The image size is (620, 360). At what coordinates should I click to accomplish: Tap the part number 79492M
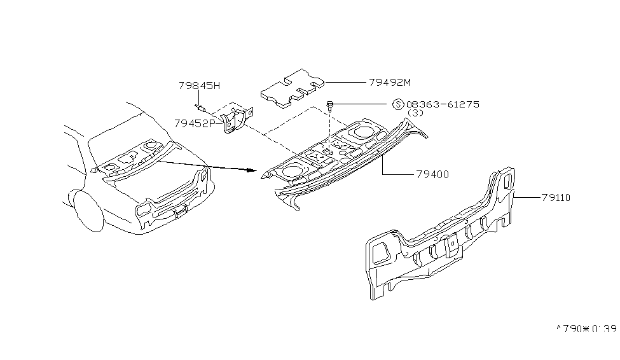pos(390,81)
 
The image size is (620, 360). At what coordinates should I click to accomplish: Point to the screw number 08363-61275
pos(443,104)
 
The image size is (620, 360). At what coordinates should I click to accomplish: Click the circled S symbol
pos(397,104)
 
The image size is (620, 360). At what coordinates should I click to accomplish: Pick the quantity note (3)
pos(415,113)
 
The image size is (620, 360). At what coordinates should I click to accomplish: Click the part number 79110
pos(556,198)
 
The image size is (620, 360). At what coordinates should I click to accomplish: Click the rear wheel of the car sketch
pos(88,211)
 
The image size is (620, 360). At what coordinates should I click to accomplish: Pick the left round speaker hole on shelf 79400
pos(292,170)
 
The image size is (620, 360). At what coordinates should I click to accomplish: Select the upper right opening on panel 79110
pos(506,180)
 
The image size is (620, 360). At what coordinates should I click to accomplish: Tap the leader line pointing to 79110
pos(528,198)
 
